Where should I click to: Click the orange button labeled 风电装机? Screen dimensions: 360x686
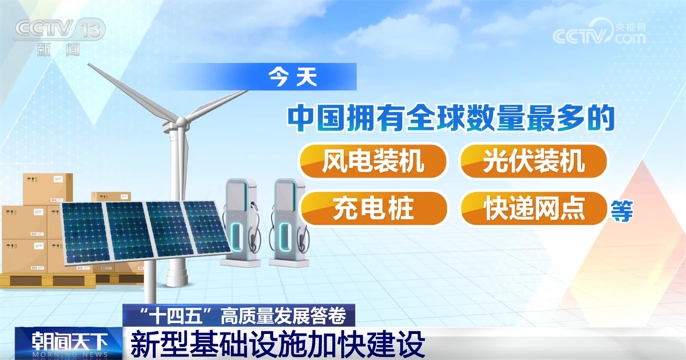coord(372,162)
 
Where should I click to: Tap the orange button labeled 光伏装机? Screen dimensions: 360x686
coord(533,162)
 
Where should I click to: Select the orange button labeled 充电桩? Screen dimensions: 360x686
coord(372,207)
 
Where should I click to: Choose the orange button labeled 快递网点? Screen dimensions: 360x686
coord(533,207)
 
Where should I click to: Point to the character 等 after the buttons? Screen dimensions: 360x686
coord(621,210)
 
